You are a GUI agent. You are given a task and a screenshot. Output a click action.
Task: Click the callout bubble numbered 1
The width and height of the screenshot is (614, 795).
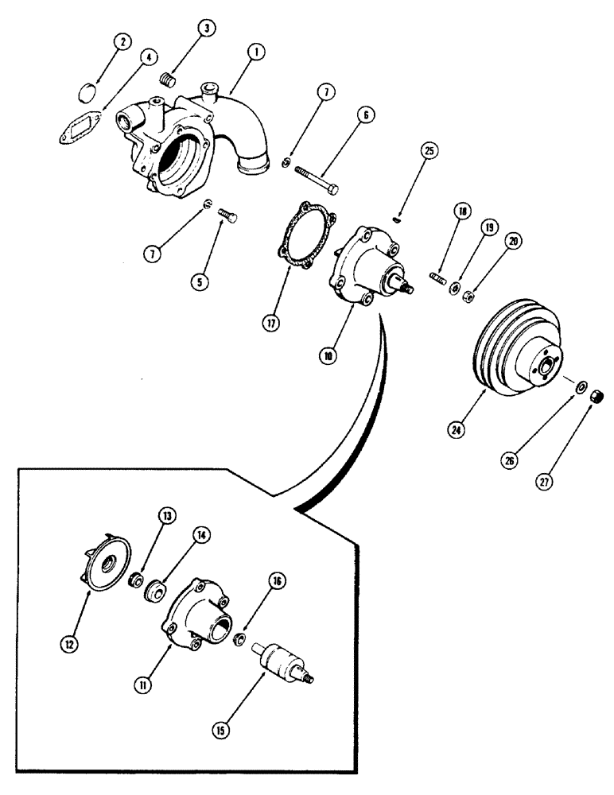coord(256,53)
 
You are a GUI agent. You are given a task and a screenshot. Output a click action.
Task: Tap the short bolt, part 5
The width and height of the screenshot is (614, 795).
coord(228,211)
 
